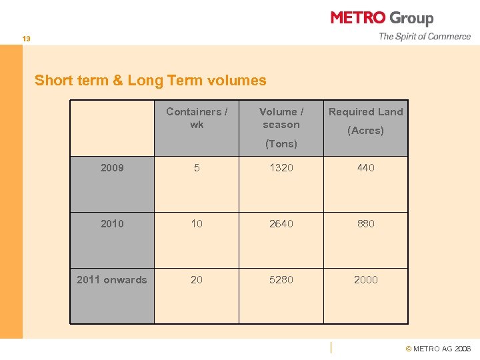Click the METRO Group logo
381,18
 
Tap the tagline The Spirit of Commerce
425,37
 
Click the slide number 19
26,39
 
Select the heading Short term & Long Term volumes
150,81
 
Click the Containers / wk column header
197,118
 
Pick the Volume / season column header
281,118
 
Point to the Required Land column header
365,112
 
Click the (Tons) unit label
281,144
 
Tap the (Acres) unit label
365,131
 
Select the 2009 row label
112,168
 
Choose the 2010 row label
112,224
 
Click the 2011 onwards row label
112,280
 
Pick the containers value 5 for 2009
197,168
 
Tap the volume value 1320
281,168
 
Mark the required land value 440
365,168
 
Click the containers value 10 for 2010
197,224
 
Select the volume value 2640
281,224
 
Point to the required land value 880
365,224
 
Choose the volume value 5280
281,280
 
